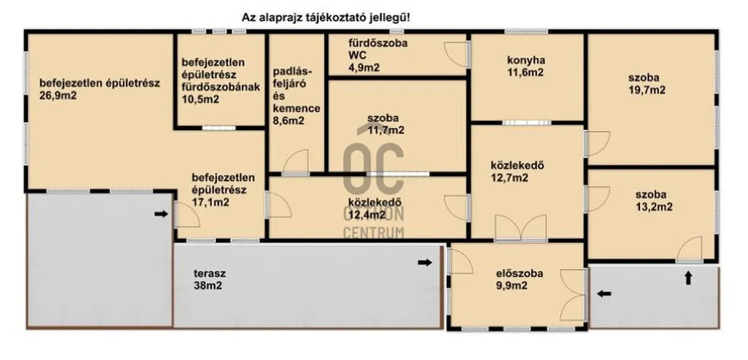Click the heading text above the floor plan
tap(327, 18)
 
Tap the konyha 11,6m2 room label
tap(526, 66)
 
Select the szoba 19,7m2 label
tap(647, 84)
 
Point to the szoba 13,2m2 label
tap(654, 201)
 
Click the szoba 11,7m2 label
tap(386, 124)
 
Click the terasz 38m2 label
tap(210, 280)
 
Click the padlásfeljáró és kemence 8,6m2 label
tap(296, 96)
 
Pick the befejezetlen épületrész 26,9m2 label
tap(99, 88)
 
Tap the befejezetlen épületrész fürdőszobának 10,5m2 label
tap(221, 81)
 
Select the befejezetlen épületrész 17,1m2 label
tap(224, 190)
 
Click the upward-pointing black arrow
tap(688, 278)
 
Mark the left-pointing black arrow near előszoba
tap(604, 294)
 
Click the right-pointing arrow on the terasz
tap(425, 262)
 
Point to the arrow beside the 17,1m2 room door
tap(161, 214)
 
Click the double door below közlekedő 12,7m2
tap(521, 228)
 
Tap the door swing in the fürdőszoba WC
tap(456, 54)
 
